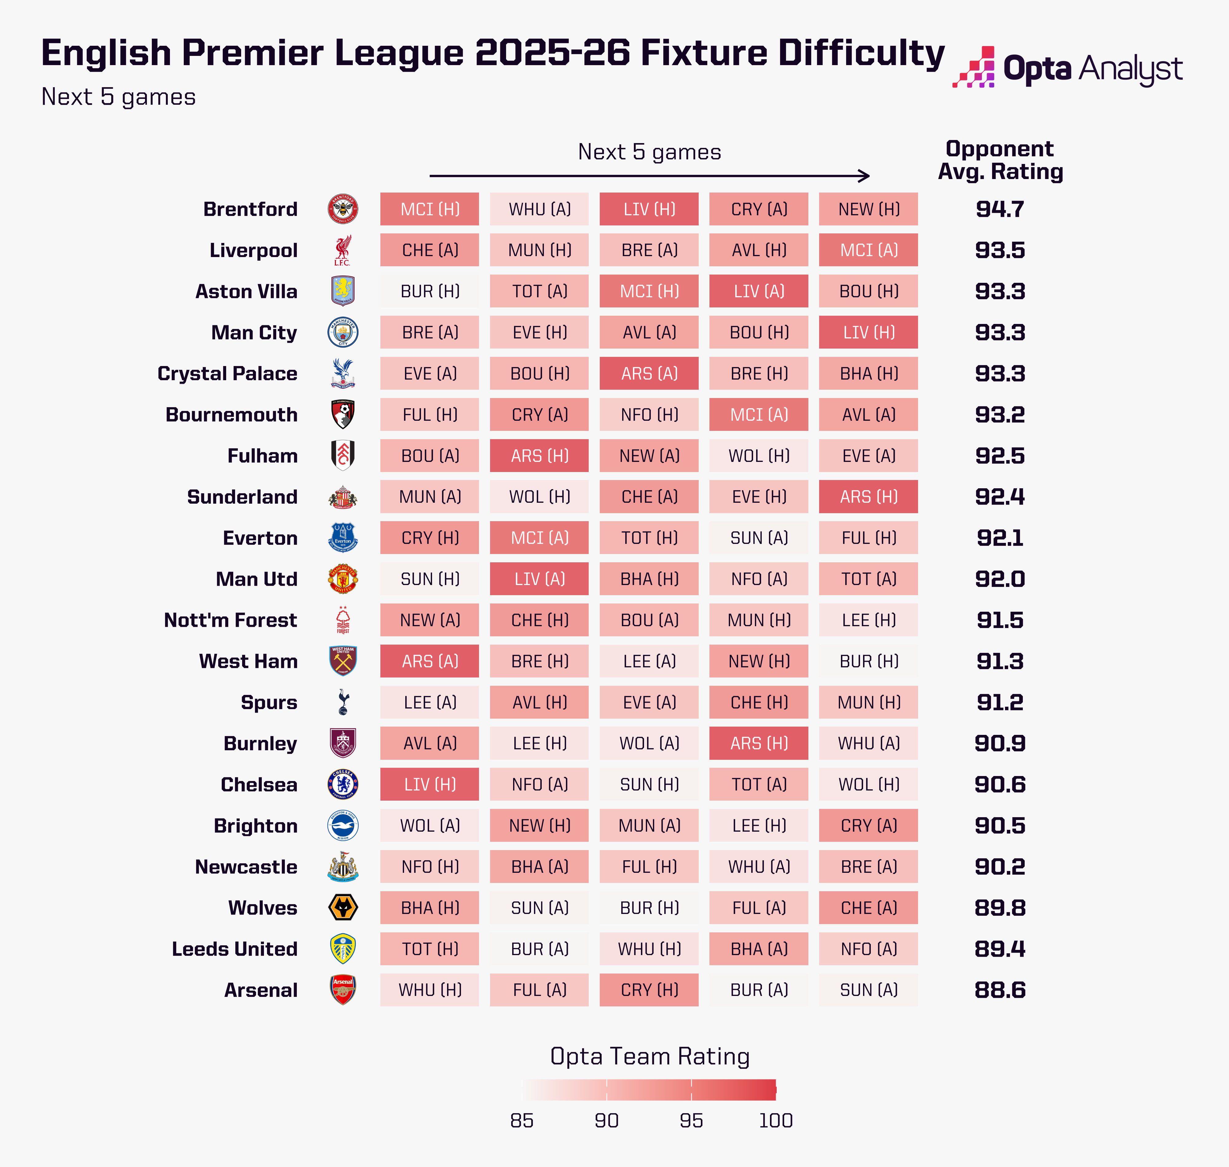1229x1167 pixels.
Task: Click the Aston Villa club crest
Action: [x=343, y=291]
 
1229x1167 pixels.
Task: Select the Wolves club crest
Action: [x=343, y=907]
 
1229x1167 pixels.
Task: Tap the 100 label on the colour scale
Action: [x=775, y=1120]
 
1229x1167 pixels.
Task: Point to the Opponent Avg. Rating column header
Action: [x=1000, y=160]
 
